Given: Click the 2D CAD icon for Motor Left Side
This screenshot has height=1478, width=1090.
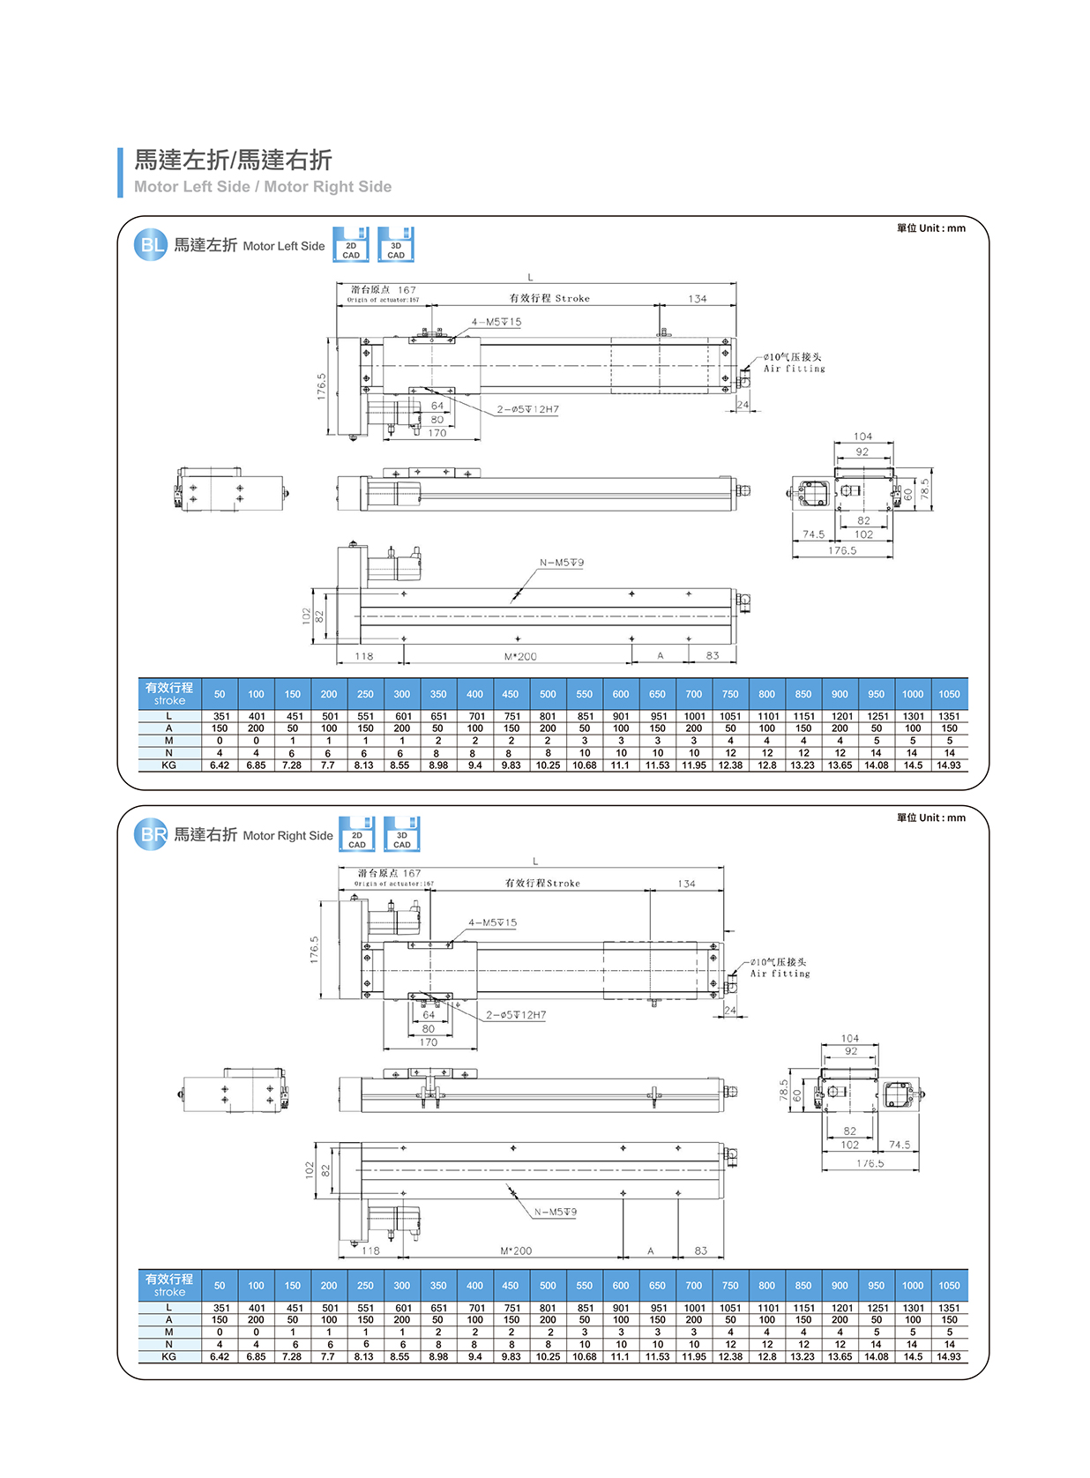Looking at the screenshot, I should click(351, 245).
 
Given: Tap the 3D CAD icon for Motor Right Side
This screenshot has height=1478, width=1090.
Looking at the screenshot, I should click(401, 834).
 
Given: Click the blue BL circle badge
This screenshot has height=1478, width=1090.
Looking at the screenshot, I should click(151, 245).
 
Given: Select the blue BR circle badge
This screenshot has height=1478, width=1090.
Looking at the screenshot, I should click(151, 834).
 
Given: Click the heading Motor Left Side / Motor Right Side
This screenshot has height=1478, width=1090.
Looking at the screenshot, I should click(262, 187).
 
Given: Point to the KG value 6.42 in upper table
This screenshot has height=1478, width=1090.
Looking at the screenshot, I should click(220, 765).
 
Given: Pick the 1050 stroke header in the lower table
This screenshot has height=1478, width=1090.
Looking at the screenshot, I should click(949, 1286).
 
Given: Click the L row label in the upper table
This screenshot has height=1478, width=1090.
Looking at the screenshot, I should click(168, 716).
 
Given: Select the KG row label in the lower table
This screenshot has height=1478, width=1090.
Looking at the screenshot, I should click(168, 1356).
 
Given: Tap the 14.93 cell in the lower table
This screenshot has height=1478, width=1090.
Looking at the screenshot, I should click(949, 1356).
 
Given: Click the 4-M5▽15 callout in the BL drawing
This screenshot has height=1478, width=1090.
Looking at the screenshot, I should click(496, 323).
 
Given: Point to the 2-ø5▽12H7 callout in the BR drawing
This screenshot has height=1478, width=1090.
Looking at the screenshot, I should click(516, 1015).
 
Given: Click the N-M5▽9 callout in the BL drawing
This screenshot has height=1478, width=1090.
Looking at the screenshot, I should click(562, 563).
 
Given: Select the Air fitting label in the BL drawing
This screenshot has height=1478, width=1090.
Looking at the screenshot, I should click(794, 369).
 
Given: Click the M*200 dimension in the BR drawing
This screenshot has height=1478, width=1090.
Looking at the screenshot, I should click(516, 1250).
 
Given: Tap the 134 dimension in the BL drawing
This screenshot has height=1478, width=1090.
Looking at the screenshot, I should click(697, 299).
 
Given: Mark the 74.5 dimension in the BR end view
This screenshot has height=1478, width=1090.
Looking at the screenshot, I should click(900, 1145).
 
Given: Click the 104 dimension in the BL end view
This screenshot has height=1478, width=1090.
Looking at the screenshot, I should click(862, 437).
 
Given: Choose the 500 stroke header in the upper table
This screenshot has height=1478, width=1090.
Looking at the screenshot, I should click(548, 694).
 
